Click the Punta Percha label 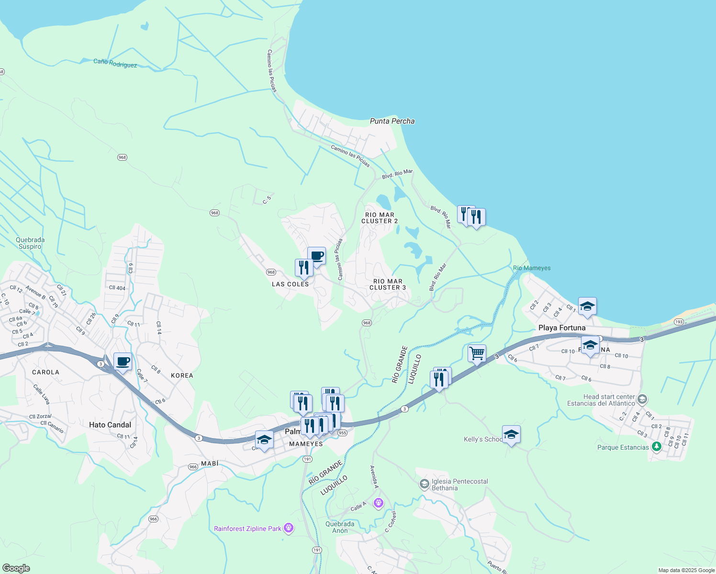tap(392, 121)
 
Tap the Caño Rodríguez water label tap(115, 63)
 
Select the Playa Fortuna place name tap(562, 328)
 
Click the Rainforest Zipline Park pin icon tap(288, 528)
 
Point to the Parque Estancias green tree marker tap(657, 447)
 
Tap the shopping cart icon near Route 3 tap(477, 353)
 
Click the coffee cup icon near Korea tap(123, 362)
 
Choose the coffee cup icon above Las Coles tap(316, 256)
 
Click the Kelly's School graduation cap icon tap(511, 434)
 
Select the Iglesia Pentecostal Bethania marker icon tap(424, 485)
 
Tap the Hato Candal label tap(110, 425)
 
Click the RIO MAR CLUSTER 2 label tap(380, 218)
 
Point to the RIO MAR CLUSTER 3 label tap(388, 285)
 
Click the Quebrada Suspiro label tap(30, 243)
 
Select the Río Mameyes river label tap(532, 268)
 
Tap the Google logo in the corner tap(16, 568)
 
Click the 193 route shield tap(679, 322)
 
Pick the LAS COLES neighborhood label tap(291, 284)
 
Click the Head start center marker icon tap(642, 399)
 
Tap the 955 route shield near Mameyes tap(342, 433)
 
